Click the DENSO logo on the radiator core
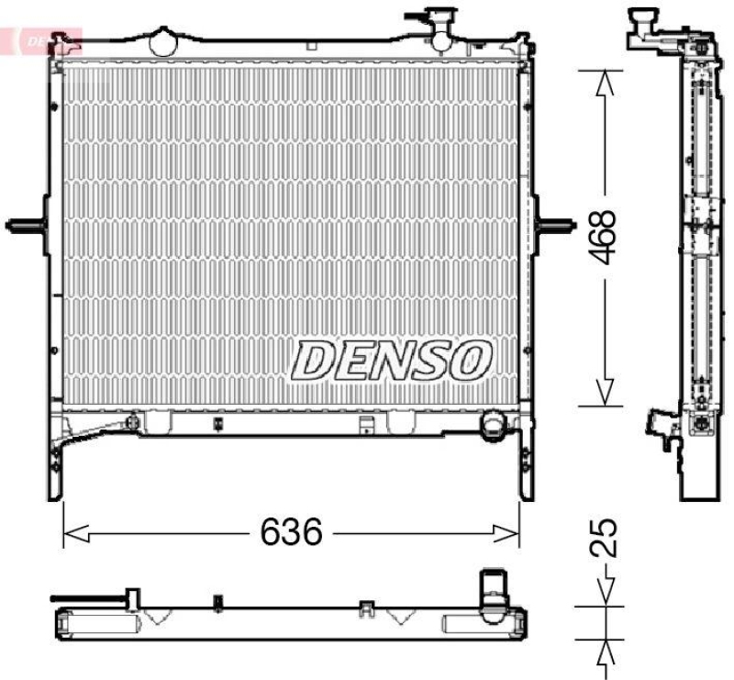[393, 359]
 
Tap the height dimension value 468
[604, 237]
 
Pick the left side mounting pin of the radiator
[26, 224]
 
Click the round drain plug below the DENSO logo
[494, 425]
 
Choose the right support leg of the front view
[527, 463]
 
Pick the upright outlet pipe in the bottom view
[494, 587]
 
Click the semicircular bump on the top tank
[165, 41]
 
